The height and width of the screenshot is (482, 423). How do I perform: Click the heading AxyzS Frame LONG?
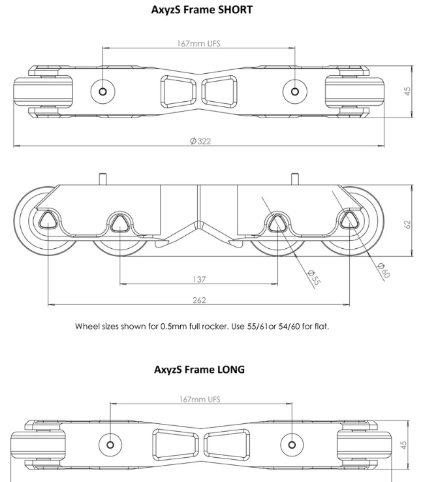tap(199, 369)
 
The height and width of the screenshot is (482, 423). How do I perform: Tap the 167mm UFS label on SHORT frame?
tap(199, 44)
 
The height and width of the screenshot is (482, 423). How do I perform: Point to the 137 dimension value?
tap(200, 280)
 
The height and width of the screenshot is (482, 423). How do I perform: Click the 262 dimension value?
tap(200, 300)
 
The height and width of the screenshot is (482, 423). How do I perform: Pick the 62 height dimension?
tap(408, 223)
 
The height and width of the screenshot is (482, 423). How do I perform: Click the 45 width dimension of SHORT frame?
tap(408, 91)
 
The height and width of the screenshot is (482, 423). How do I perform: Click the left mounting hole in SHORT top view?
tap(103, 91)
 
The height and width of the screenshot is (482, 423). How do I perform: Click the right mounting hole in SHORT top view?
tap(295, 91)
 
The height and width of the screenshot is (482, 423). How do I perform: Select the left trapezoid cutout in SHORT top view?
tap(178, 91)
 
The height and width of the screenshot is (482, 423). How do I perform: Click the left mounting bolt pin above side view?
tap(102, 178)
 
